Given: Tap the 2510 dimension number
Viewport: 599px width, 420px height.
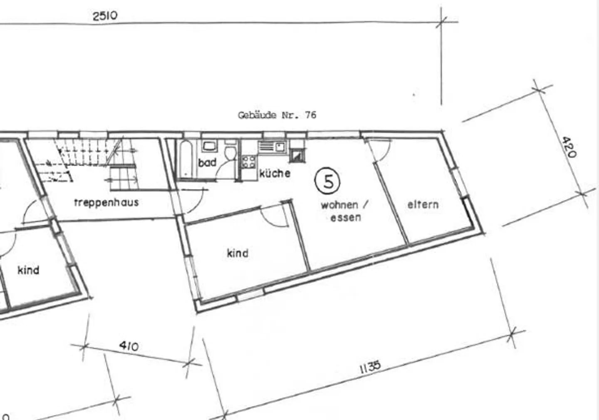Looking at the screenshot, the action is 105,16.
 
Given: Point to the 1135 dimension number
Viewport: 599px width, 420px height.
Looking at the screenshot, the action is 370,367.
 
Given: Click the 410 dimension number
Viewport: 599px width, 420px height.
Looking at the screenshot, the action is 129,346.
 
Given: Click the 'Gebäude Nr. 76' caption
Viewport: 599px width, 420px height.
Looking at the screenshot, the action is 277,115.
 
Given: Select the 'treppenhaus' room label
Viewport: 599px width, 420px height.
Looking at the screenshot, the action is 106,203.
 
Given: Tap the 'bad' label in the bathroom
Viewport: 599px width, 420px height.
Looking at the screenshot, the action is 207,162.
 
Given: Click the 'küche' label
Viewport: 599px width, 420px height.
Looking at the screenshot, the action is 275,173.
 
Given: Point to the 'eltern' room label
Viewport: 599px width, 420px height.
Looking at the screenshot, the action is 423,205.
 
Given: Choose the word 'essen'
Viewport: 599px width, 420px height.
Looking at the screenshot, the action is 346,218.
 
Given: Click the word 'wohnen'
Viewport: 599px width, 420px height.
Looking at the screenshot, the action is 339,205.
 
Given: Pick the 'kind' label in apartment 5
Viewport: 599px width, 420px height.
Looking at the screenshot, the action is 238,253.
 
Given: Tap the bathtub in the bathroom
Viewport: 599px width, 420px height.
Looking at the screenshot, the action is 186,159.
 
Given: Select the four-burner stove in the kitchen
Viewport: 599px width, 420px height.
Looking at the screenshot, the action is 249,162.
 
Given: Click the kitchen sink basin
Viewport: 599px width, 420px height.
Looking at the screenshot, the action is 280,147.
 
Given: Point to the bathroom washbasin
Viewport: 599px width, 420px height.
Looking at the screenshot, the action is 210,146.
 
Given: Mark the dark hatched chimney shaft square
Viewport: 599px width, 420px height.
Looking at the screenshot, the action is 297,155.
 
